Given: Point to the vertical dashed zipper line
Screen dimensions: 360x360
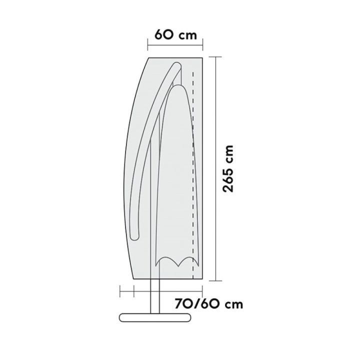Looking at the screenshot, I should tap(193, 175).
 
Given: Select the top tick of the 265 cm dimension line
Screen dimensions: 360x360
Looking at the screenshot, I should tap(216, 57).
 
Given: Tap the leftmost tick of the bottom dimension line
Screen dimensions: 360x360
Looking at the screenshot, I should tap(120, 290).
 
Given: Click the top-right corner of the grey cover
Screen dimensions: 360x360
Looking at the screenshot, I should tap(202, 58).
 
